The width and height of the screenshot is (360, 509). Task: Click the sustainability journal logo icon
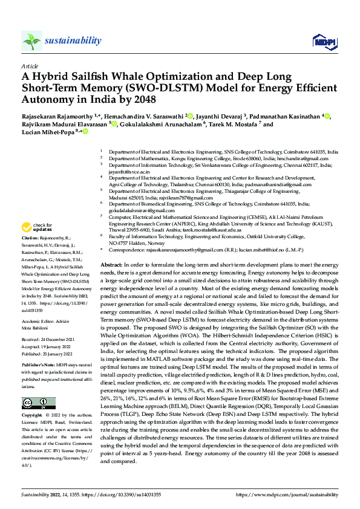(x=31, y=41)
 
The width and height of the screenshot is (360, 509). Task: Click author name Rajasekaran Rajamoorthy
(x=62, y=115)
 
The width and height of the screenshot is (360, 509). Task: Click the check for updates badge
(x=34, y=228)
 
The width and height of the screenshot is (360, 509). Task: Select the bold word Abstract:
(x=112, y=265)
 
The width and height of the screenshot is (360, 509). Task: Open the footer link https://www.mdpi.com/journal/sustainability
(x=287, y=494)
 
